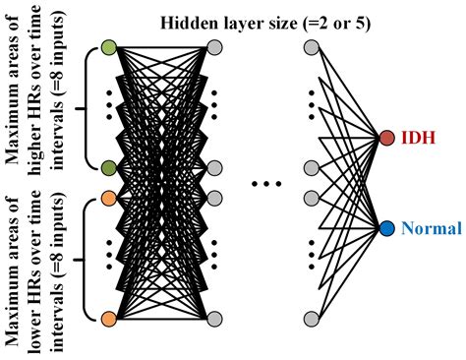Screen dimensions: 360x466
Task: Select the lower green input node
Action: [108, 167]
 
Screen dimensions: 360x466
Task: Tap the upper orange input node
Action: [108, 198]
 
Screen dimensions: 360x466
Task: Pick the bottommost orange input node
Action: [108, 319]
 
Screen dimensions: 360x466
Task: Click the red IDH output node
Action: [387, 138]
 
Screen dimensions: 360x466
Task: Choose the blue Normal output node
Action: [387, 228]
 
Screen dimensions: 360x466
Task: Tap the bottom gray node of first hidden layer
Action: [213, 319]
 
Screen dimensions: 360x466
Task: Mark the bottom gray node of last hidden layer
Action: [312, 319]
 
